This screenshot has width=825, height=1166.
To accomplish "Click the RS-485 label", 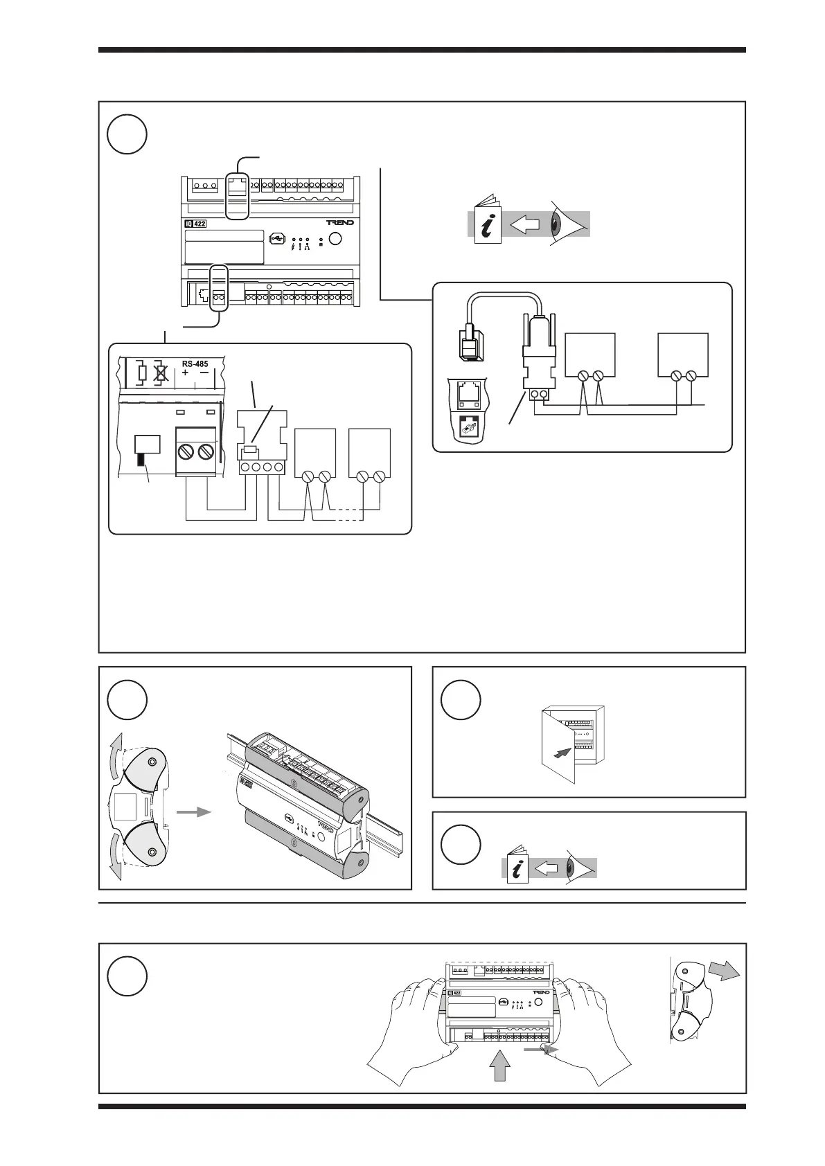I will pyautogui.click(x=195, y=364).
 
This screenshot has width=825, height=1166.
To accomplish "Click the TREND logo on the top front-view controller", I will pyautogui.click(x=340, y=223).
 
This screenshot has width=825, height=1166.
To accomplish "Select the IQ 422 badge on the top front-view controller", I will pyautogui.click(x=196, y=224).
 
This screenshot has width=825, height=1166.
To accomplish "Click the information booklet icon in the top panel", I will pyautogui.click(x=486, y=222).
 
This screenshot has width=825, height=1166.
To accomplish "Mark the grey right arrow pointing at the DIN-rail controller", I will pyautogui.click(x=193, y=811).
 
